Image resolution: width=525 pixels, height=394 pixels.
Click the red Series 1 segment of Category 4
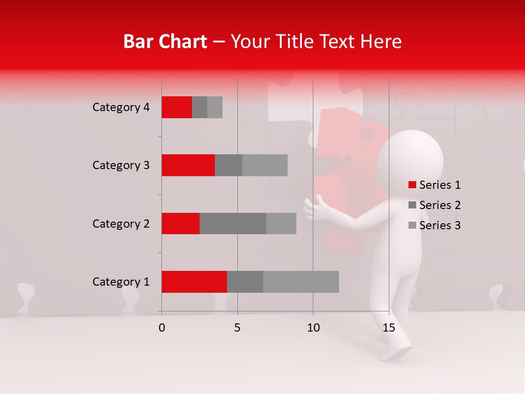(177, 107)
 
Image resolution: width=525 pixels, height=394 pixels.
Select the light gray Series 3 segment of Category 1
(301, 282)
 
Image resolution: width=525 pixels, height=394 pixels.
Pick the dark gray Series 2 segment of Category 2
(233, 223)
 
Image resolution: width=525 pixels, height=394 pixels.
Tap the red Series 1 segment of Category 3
(188, 165)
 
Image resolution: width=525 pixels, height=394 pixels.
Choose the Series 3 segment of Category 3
(265, 165)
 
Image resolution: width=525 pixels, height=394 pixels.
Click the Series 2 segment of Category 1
(245, 282)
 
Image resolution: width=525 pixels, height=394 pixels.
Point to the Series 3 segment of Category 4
(215, 107)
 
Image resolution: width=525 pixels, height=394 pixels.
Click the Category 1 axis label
(121, 282)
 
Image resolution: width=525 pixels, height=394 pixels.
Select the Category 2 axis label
(121, 223)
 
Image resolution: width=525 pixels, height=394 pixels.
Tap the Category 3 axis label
(121, 165)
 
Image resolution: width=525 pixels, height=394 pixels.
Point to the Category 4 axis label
(121, 107)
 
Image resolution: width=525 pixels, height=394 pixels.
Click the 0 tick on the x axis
(162, 328)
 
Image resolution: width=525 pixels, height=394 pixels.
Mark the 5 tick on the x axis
(237, 328)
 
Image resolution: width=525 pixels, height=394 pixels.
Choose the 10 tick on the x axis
(313, 328)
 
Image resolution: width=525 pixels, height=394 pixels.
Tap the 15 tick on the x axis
(389, 328)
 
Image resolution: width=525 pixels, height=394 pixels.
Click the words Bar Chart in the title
(165, 42)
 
